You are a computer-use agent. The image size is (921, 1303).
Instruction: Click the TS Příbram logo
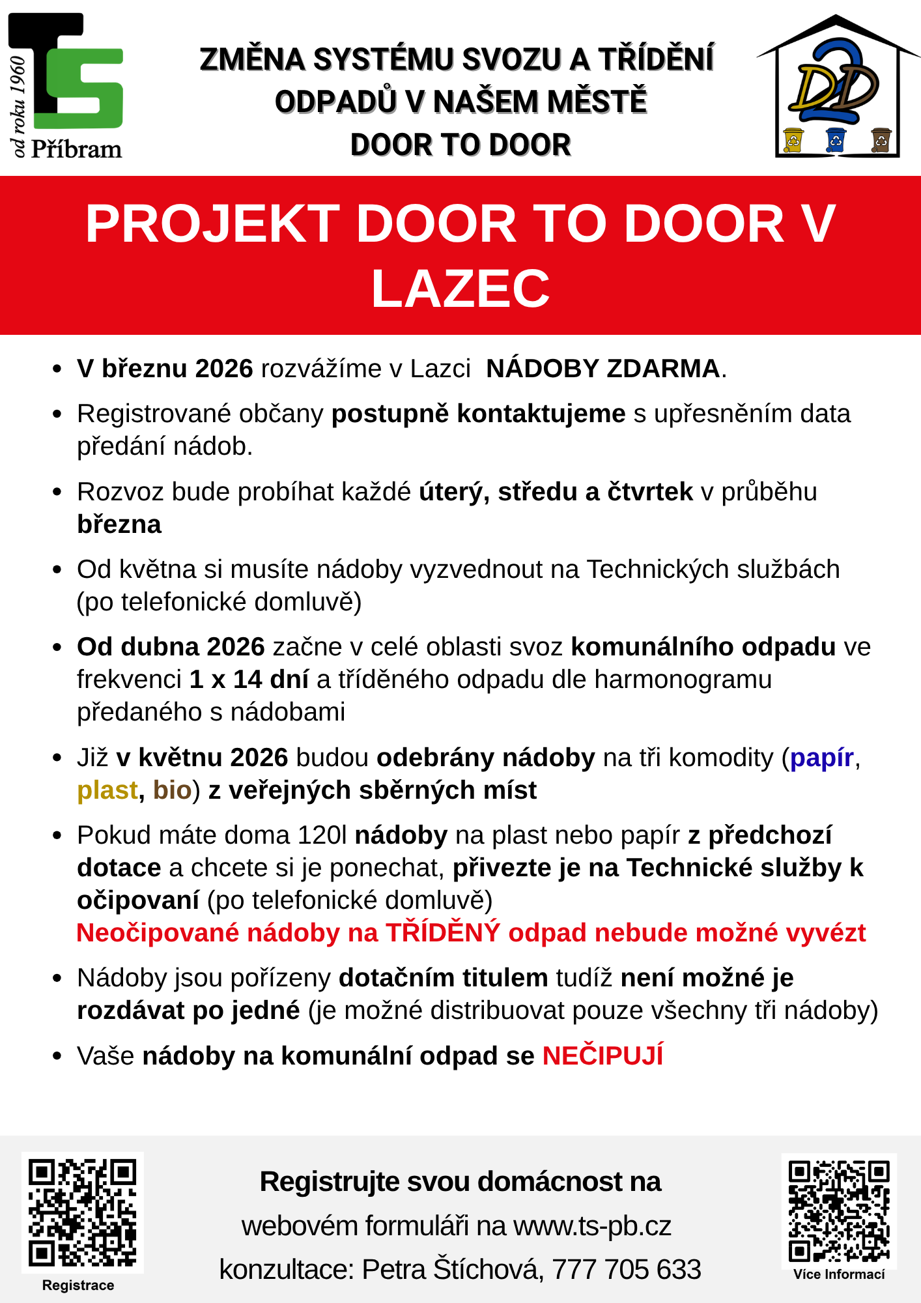tap(65, 85)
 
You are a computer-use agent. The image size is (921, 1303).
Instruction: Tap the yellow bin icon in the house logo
tap(793, 139)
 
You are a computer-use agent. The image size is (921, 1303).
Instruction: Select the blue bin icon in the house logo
tap(836, 139)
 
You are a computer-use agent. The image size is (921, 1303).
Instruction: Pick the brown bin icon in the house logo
tap(881, 139)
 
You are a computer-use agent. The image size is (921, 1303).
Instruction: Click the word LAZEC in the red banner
tap(460, 289)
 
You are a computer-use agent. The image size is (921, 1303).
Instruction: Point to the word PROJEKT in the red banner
tap(212, 224)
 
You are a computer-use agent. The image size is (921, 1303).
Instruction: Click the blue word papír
tap(821, 758)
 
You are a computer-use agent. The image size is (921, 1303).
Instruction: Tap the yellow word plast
tap(107, 790)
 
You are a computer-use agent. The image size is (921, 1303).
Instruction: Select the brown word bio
tap(172, 790)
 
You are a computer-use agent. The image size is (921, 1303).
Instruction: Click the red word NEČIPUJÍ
tap(602, 1055)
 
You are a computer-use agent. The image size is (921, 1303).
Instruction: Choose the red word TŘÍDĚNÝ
tap(442, 933)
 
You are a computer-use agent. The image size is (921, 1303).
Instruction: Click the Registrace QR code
tap(82, 1212)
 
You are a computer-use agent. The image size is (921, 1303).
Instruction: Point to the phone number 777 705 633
tap(627, 1269)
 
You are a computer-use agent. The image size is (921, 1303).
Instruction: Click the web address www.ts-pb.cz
tap(592, 1225)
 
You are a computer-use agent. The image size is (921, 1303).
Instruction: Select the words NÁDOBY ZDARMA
tap(602, 369)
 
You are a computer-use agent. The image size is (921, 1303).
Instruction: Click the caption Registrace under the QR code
tap(78, 1285)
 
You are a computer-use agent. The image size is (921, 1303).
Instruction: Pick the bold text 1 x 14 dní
tap(249, 680)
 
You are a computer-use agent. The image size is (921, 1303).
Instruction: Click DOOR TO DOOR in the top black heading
tap(460, 145)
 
